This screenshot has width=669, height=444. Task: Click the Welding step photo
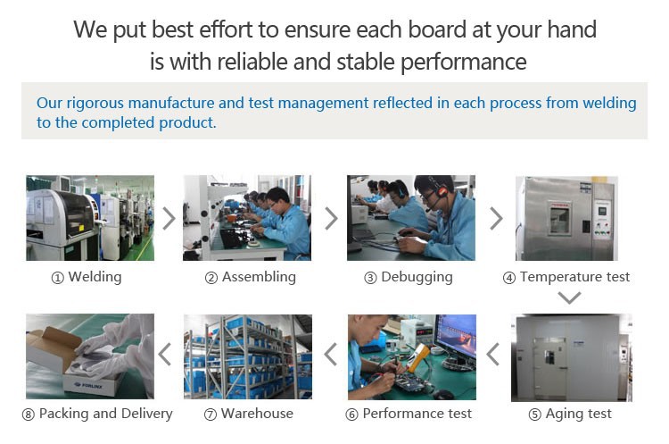[x=90, y=218]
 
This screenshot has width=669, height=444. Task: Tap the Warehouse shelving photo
[x=248, y=356]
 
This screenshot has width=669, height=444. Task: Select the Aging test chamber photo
[x=572, y=357]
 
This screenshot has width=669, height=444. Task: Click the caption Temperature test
[x=574, y=277]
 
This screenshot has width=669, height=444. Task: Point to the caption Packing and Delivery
[x=106, y=414]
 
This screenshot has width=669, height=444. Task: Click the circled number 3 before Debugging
[x=370, y=278]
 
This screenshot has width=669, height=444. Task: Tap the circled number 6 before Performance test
[x=351, y=415]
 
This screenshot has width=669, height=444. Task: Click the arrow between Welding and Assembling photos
[x=169, y=218]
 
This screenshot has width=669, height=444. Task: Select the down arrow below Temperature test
[x=570, y=297]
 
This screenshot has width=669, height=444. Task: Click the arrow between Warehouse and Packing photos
[x=165, y=355]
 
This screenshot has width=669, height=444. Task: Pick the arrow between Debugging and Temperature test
[x=496, y=218]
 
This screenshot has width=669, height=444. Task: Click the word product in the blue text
[x=187, y=123]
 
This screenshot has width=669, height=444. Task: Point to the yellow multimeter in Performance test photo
[x=417, y=357]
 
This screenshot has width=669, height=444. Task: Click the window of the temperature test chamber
[x=560, y=221]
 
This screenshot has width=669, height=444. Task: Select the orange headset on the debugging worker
[x=442, y=191]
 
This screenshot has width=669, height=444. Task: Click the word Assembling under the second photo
[x=259, y=277]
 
